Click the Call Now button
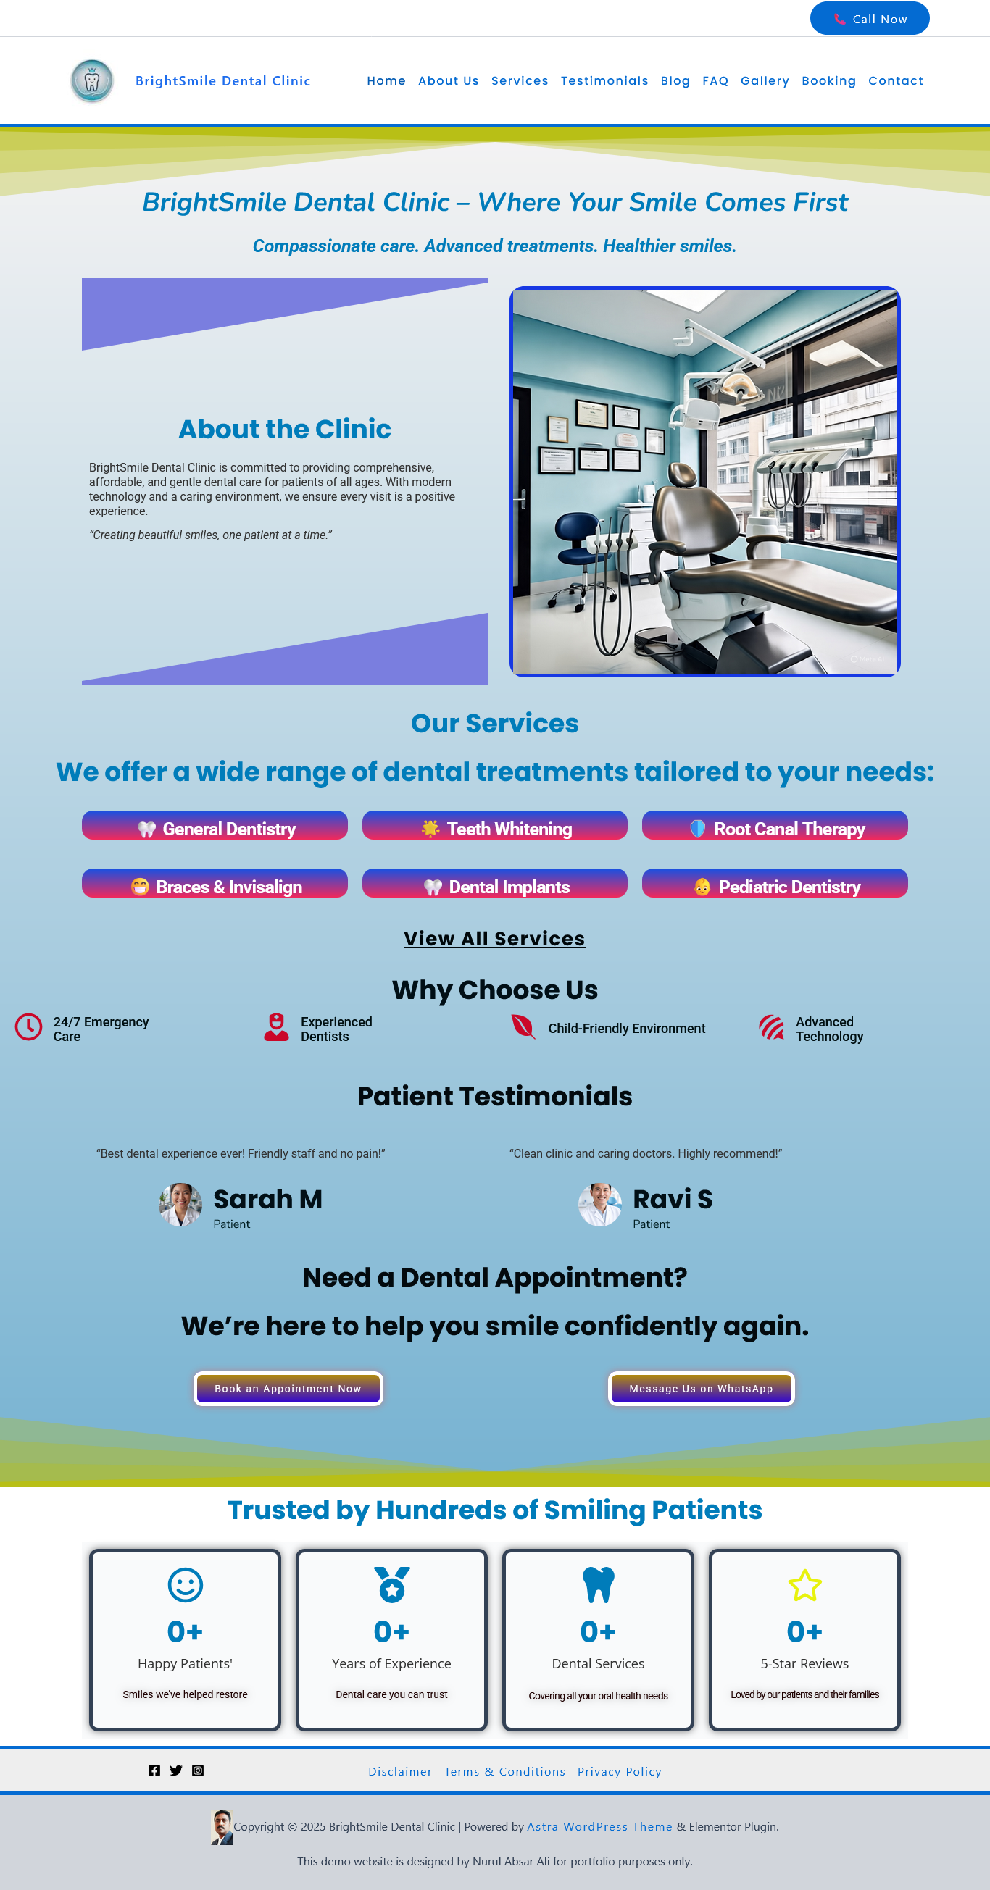click(x=869, y=18)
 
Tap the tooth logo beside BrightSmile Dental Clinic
click(x=92, y=80)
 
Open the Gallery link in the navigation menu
click(x=765, y=80)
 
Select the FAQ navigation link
click(x=715, y=80)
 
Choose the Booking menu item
click(x=828, y=80)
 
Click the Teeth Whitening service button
click(x=494, y=826)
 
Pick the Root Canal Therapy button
click(x=774, y=826)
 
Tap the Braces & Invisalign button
click(x=215, y=884)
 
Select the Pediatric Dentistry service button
click(x=774, y=884)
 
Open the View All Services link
click(x=494, y=938)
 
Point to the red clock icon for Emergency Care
click(x=28, y=1027)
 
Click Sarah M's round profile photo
click(x=180, y=1204)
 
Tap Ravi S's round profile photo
click(x=600, y=1204)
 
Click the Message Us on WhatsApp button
click(x=701, y=1388)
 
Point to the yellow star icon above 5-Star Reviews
click(x=804, y=1585)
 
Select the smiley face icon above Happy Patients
click(x=185, y=1585)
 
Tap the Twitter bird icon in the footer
click(x=176, y=1770)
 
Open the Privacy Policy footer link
click(x=620, y=1771)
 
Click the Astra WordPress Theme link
click(x=599, y=1826)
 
